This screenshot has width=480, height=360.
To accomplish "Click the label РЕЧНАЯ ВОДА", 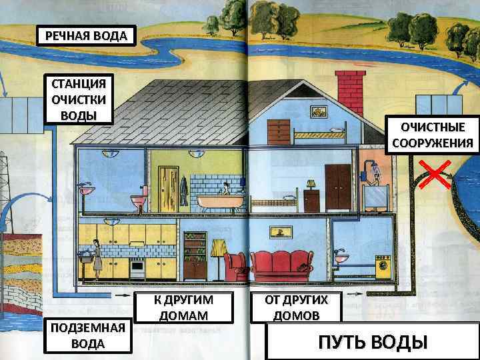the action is [85, 35].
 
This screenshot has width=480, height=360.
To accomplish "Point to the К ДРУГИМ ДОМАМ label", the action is [184, 307].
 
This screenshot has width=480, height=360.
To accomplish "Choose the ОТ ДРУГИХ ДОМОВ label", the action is [296, 307].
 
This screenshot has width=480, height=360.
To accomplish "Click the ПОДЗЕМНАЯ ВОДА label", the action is [87, 335].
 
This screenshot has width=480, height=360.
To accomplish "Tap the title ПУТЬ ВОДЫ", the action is [371, 342].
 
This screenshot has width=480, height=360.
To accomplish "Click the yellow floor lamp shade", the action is [218, 247].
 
